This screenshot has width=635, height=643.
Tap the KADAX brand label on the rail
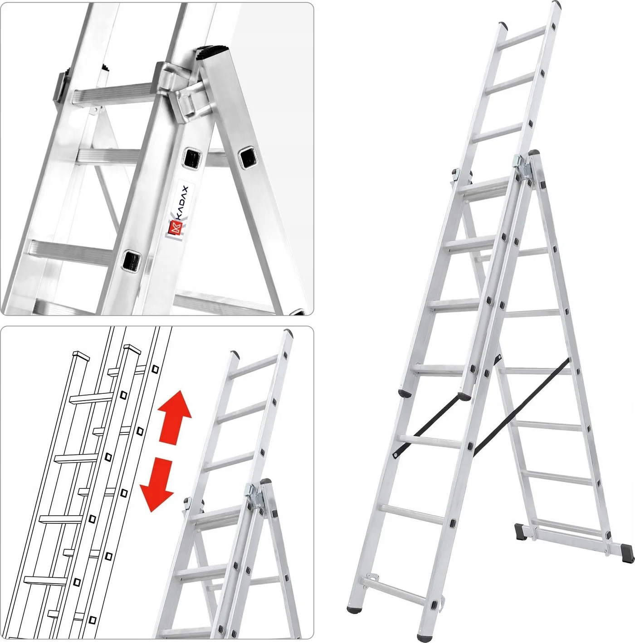pos(178,213)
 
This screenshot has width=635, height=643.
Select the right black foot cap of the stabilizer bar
pos(626,552)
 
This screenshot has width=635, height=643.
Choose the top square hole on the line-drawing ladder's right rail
pos(155,369)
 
